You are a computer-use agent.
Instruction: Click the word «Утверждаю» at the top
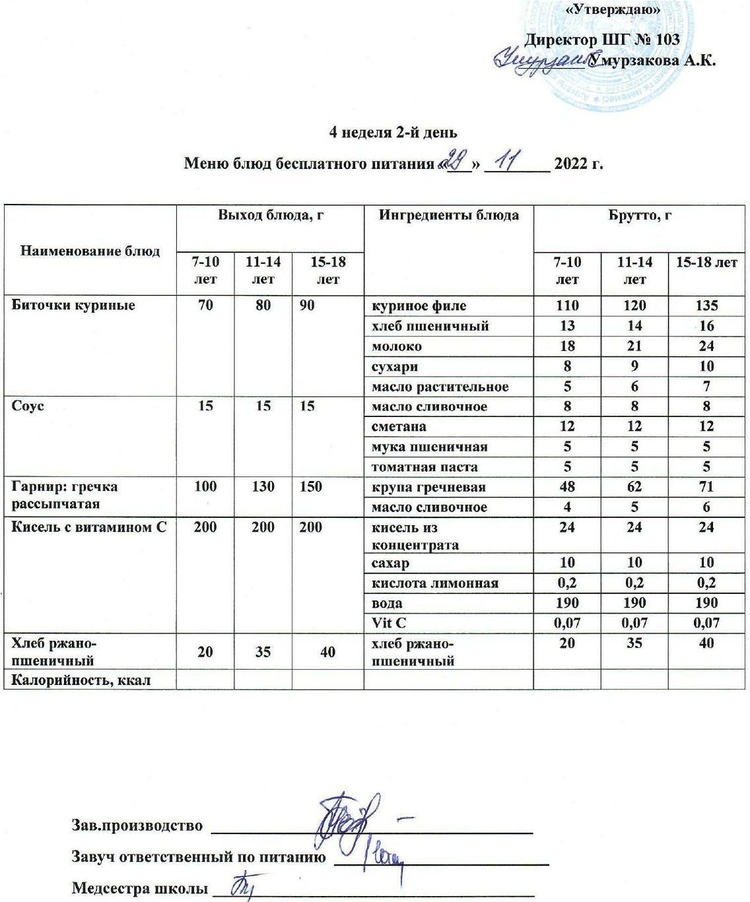coord(614,11)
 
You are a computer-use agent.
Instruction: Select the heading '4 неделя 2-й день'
coord(393,132)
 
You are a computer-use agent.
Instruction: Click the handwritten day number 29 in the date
coord(456,160)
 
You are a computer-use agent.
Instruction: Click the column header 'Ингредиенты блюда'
coord(448,215)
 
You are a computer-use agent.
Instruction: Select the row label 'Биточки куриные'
coord(73,306)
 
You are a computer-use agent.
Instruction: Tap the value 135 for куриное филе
coord(706,306)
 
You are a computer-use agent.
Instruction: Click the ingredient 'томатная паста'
coord(425,467)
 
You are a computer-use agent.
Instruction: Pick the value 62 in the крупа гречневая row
coord(634,487)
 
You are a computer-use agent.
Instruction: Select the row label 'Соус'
coord(28,406)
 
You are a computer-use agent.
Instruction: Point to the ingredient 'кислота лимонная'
coord(435,583)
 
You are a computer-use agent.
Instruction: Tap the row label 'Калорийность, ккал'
coord(81,680)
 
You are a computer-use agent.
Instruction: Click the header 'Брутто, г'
coord(639,215)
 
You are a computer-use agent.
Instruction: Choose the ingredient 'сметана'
coord(399,427)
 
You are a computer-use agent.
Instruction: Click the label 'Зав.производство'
coord(137,825)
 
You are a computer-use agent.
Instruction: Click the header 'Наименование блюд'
coord(90,251)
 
